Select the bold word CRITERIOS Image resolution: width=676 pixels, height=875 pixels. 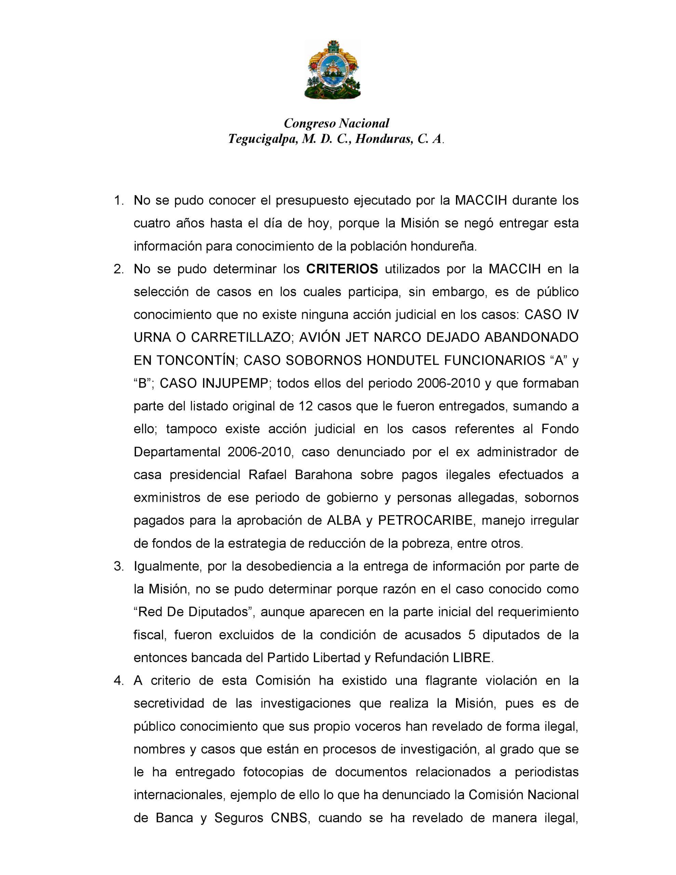342,269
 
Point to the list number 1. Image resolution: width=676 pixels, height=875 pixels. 119,200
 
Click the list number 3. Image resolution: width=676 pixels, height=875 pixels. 119,566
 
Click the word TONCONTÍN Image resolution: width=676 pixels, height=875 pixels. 196,361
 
